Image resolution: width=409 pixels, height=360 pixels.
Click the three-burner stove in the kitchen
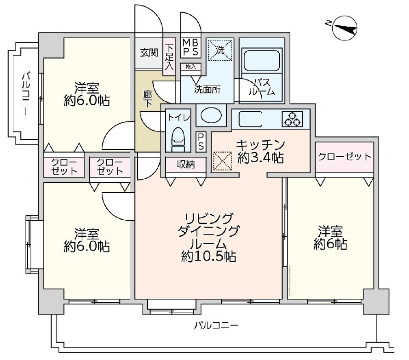point(293,120)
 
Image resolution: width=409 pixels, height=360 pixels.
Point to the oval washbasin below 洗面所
point(211,115)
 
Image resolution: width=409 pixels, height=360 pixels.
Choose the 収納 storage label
point(185,164)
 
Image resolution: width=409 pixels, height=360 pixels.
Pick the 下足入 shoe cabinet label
point(169,57)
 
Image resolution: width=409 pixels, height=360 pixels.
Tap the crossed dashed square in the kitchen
point(223,161)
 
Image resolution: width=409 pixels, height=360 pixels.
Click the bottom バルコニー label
point(216,326)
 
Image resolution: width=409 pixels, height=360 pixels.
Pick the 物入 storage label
point(190,67)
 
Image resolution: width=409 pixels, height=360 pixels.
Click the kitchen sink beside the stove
point(250,120)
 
